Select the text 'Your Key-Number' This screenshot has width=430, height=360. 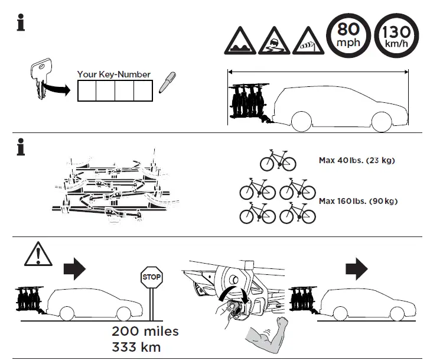pos(113,74)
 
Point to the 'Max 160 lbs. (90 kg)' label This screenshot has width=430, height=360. pos(358,201)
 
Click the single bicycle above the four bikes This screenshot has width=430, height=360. pos(278,160)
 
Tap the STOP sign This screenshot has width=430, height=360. pos(151,277)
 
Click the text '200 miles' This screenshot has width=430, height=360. pos(145,331)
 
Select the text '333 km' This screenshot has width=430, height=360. pos(135,346)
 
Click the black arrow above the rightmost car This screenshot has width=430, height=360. pos(356,269)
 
